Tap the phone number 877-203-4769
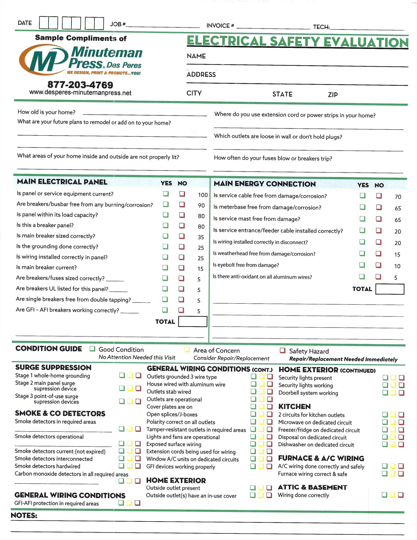coord(80,85)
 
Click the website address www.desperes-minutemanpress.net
coord(80,93)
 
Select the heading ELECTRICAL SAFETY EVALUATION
coord(297,42)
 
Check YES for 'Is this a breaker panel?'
coord(166,226)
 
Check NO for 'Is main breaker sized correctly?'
coord(182,236)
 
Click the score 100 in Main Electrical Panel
coord(203,195)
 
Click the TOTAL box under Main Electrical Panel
coord(192,322)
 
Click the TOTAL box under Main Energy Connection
coord(390,289)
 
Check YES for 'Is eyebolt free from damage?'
coord(362,265)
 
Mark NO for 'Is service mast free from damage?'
coord(379,219)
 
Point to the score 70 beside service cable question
coord(398,197)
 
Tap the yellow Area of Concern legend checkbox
coord(187,350)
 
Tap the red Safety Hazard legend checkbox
coord(283,350)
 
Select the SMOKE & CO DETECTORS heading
coord(60,413)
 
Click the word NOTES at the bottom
coord(24,516)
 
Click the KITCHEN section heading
coord(294,406)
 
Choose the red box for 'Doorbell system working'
coord(402,393)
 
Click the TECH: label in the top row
coord(321,27)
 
